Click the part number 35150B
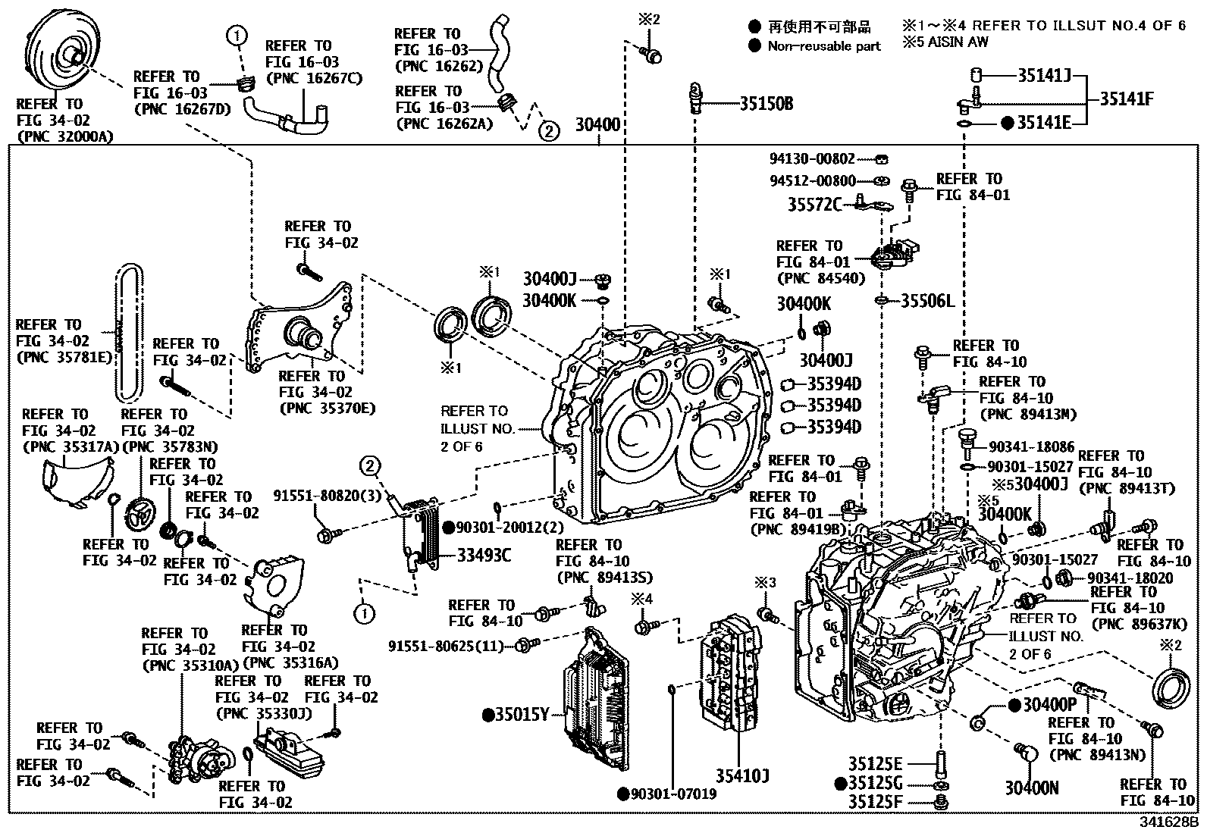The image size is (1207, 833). (766, 104)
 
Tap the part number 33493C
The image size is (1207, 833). (483, 556)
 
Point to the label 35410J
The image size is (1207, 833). (742, 775)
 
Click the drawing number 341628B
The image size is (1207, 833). (1171, 821)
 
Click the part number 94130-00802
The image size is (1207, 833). (812, 159)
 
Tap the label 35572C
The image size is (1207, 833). (814, 204)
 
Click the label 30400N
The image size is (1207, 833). (1032, 788)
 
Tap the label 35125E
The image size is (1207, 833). (875, 763)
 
